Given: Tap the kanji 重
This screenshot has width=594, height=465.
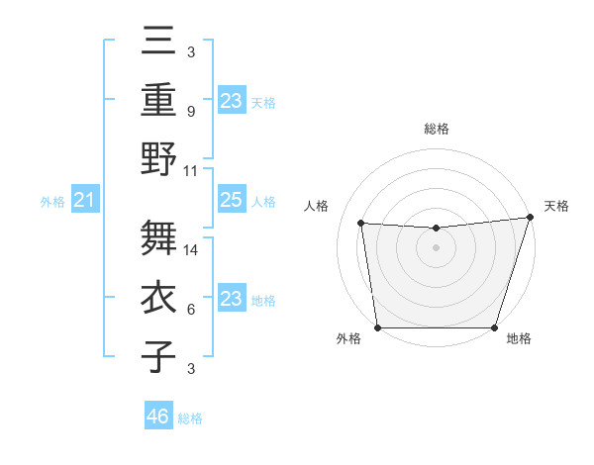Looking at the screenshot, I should coord(160,100).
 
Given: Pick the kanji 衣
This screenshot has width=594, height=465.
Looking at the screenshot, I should coord(160,296).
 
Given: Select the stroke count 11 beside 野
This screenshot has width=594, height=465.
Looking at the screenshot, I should coord(191,170).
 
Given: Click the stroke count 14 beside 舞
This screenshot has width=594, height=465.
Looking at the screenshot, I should coord(191,250).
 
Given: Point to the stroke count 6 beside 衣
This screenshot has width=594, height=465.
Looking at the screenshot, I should coord(190,310).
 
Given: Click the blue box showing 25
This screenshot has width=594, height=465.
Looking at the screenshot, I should coord(231,201).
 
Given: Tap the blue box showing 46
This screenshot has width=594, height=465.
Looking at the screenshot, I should coord(157,417).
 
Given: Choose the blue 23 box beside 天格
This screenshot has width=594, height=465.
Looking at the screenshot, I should coord(231,100).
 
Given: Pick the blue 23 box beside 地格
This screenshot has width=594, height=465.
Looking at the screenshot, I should coord(231,299).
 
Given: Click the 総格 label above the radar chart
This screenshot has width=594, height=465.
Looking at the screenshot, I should coord(436,129).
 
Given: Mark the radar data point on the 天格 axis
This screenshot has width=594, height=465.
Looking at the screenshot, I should coord(530,218).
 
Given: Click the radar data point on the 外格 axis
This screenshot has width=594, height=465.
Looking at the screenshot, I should coord(377,327).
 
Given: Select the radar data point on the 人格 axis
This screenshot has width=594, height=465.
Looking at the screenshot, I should coord(361,224).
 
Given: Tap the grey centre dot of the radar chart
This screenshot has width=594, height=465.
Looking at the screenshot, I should coord(436,247).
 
